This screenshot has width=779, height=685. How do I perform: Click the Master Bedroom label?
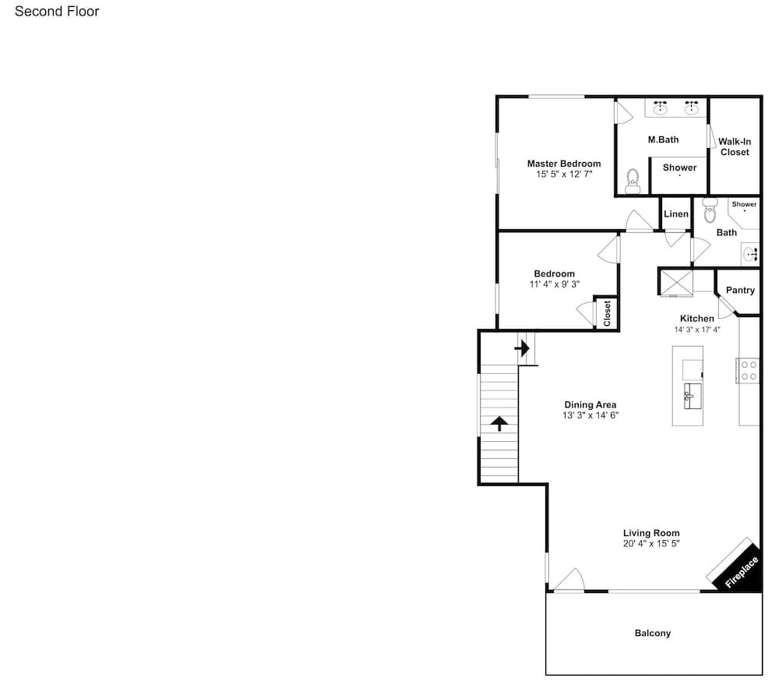coord(564,164)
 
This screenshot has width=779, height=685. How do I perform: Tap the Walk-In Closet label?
coord(735,147)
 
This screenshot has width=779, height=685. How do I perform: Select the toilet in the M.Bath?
coord(633,181)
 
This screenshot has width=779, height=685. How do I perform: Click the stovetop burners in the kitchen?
coord(748,371)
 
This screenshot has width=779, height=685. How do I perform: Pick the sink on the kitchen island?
coord(693,396)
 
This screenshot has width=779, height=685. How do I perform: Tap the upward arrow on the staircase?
coord(499,424)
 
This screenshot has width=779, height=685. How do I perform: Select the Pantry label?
coord(740,291)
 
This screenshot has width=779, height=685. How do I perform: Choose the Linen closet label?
coord(676,214)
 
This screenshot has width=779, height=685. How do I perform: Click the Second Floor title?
coord(57,12)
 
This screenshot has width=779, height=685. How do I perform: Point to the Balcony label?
coord(653,633)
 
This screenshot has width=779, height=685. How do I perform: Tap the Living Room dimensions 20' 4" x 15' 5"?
coord(651,544)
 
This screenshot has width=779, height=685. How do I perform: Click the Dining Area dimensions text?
coord(590,415)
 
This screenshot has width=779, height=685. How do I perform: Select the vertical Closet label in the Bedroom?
coord(607,313)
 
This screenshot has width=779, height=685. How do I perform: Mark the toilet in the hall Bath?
coord(710,210)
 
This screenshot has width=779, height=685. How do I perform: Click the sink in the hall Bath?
coord(751,255)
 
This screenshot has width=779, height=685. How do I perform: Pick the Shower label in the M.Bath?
coord(679,168)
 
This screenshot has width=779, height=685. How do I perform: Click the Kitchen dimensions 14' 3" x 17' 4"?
coord(697,330)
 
